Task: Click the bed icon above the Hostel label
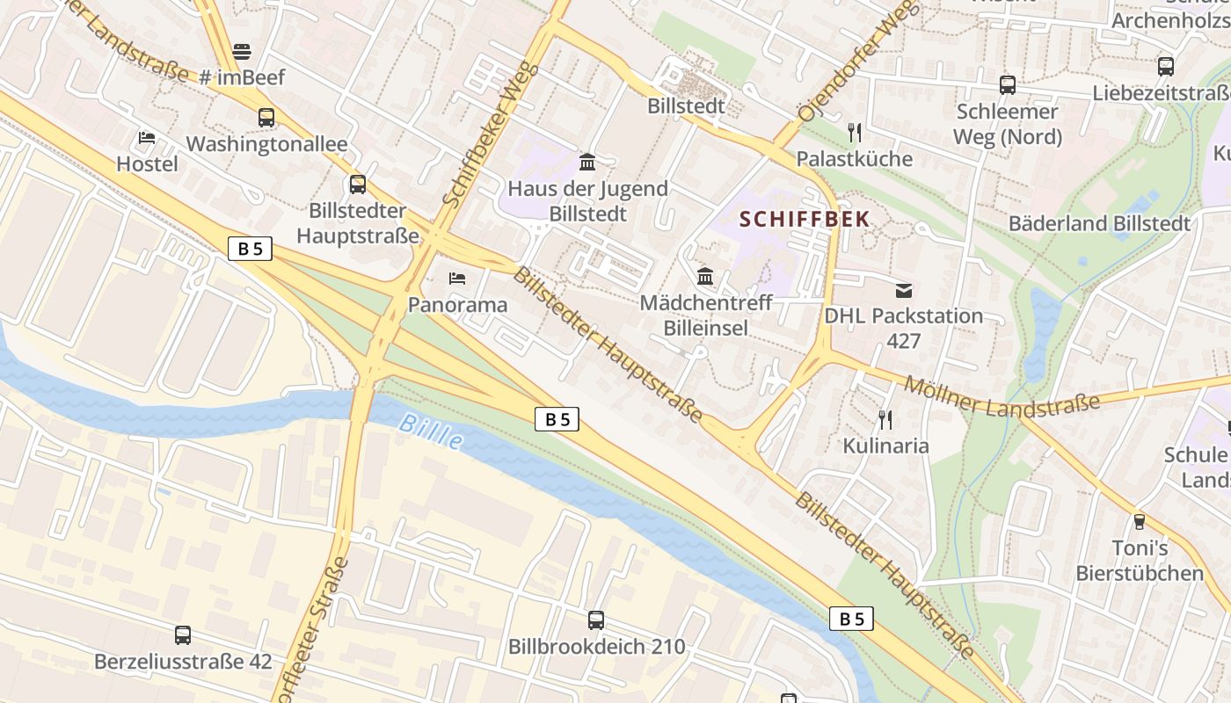click(x=147, y=138)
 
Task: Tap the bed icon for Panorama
click(x=457, y=279)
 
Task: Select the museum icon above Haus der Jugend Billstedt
click(x=587, y=162)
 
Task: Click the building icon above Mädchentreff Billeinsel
click(x=705, y=277)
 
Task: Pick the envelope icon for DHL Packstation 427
click(x=904, y=290)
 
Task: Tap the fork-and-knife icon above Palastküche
click(x=855, y=133)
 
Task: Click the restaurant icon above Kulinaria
click(x=885, y=420)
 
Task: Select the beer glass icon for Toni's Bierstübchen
click(x=1140, y=522)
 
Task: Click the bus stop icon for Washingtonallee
click(x=266, y=118)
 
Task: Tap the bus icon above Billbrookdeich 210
click(x=596, y=620)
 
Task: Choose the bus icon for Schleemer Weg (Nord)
click(x=1008, y=85)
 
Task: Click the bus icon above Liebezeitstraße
click(x=1166, y=66)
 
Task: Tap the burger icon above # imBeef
click(x=242, y=52)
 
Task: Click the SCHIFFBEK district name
click(x=805, y=219)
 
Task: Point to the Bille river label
click(x=430, y=431)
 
